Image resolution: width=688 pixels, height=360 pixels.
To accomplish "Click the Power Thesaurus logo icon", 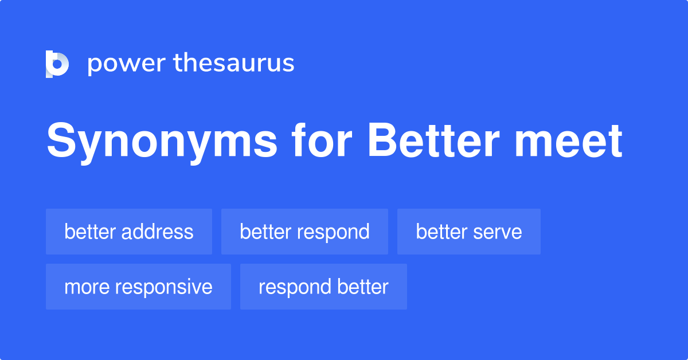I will (x=57, y=64).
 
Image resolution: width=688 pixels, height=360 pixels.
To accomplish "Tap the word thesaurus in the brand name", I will (x=234, y=63).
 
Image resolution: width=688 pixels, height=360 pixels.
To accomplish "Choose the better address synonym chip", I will (x=129, y=232).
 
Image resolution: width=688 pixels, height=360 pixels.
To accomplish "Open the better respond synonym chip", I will (x=304, y=232).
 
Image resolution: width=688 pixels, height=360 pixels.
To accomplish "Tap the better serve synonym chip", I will (x=468, y=232).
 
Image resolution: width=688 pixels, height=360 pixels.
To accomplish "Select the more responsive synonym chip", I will (x=138, y=287).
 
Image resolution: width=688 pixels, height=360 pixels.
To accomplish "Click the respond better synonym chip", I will (x=323, y=287).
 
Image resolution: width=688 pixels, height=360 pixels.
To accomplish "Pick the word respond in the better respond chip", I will (x=335, y=232).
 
